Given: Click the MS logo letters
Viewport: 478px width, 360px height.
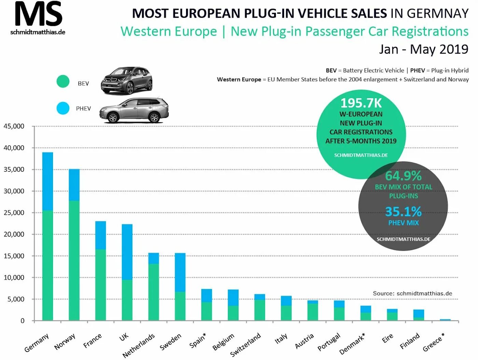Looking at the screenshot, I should coord(38,14).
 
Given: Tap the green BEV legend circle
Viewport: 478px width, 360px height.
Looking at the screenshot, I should coord(63,81).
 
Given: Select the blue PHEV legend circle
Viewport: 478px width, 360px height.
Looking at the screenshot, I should coord(63,108).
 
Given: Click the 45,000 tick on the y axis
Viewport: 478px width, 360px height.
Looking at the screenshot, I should coord(14,126).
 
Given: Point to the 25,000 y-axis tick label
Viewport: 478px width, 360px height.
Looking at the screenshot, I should coord(14,213).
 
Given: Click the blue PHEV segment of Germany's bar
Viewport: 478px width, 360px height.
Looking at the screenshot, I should coord(48,181).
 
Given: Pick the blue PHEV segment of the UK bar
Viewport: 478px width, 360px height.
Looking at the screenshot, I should coord(127,252).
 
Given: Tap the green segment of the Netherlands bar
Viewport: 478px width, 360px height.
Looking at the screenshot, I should coord(154,292).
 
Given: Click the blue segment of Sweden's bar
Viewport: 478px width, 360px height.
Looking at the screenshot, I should coord(180,272).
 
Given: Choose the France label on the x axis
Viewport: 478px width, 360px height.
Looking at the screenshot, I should coord(93,341).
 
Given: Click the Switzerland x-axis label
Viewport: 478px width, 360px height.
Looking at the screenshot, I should coord(245,344).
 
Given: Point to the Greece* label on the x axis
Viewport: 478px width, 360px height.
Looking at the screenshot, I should coord(434,342).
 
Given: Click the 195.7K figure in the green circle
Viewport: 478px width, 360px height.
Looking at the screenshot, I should coord(361,103).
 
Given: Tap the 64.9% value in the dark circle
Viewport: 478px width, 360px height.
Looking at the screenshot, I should coord(403,176).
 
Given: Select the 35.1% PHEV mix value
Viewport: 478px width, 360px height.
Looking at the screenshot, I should coord(403,212).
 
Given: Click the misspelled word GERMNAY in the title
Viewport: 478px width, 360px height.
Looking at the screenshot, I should coord(437,13).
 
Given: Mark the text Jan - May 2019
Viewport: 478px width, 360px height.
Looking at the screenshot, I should coord(423,49).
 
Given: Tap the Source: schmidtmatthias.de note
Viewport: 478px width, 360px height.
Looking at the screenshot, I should coord(412,293).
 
